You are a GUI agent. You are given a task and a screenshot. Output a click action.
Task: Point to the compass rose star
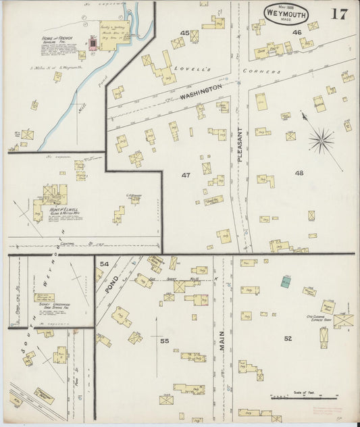point(321,141)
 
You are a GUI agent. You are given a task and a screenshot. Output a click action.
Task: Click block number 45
point(184,32)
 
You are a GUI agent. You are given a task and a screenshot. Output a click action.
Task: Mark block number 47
point(186,175)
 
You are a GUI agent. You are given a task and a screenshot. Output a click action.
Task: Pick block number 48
point(299,173)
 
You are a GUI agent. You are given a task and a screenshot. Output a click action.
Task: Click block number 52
point(288,338)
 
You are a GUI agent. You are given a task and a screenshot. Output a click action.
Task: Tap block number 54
point(104,263)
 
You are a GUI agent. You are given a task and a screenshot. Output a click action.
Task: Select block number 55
point(164,341)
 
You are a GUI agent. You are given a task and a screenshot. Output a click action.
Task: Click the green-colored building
point(286,281)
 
